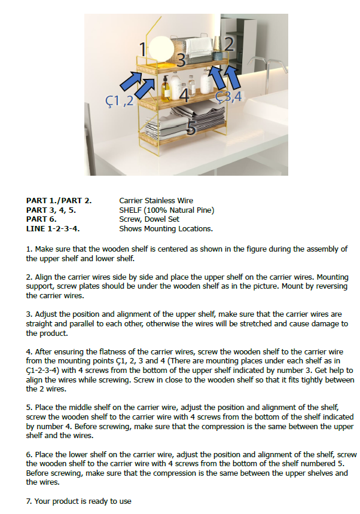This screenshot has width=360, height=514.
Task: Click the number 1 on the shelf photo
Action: coord(143,49)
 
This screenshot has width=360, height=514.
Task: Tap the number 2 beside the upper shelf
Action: coord(228,44)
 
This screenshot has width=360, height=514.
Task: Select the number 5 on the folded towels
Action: coord(192,127)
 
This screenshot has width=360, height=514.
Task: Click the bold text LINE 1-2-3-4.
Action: coord(53,229)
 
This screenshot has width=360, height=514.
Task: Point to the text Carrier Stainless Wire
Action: coord(156,201)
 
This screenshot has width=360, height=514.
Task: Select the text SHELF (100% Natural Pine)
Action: coord(166,210)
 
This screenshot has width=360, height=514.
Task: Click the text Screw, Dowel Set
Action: coord(150,219)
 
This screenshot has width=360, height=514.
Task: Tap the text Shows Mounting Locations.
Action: coord(166,229)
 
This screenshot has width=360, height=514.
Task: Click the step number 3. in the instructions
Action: coord(29,314)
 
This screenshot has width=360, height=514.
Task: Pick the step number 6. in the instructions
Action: coord(29,455)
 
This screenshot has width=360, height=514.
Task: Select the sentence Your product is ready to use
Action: coord(83,501)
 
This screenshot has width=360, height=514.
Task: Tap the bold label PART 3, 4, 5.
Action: coord(51,210)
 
